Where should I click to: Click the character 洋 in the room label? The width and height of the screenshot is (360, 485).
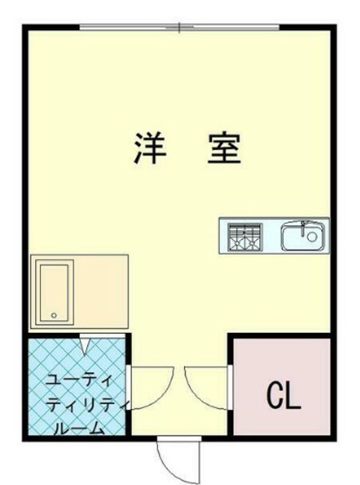coord(149,149)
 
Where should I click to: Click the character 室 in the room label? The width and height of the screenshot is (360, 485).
coord(223,149)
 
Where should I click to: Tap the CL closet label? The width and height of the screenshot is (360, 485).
coord(282,397)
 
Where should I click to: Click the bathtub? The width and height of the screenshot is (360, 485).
coord(55,292)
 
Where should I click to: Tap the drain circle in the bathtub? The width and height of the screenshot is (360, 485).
coord(54,315)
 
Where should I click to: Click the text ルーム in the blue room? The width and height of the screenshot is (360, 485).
coord(76,427)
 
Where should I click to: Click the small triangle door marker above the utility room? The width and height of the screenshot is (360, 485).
coord(85,345)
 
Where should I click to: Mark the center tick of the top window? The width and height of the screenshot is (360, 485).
coord(179,28)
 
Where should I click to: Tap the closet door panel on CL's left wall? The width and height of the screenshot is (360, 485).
coord(231,387)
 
